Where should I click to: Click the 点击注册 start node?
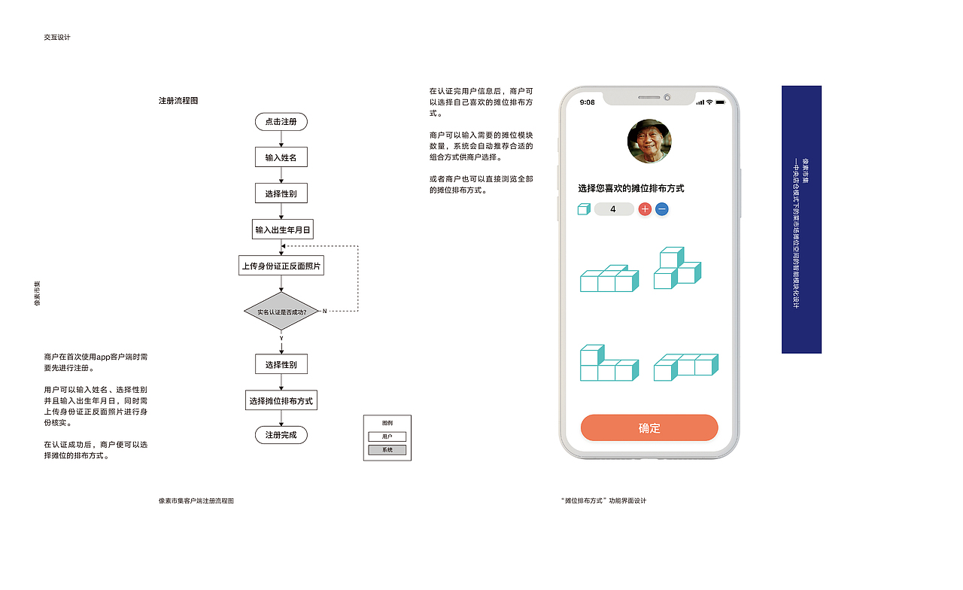point(281,122)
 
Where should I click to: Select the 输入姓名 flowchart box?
point(281,158)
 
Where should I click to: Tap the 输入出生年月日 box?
point(282,230)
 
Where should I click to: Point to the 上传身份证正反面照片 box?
point(281,266)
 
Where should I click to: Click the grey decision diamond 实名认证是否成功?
point(281,311)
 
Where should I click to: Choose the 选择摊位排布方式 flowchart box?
point(281,400)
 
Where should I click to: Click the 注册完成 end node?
point(281,435)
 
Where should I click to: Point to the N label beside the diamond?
point(324,311)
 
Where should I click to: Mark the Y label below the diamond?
point(281,339)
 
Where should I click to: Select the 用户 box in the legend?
point(387,436)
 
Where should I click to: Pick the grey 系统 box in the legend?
point(387,450)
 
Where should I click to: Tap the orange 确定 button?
point(649,428)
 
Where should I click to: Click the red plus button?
point(645,209)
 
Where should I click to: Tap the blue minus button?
point(661,209)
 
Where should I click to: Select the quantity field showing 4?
point(613,209)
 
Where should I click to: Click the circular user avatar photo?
point(649,141)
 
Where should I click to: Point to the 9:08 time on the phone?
point(588,102)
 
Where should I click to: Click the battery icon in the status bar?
point(720,102)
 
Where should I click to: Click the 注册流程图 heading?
point(178,101)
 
